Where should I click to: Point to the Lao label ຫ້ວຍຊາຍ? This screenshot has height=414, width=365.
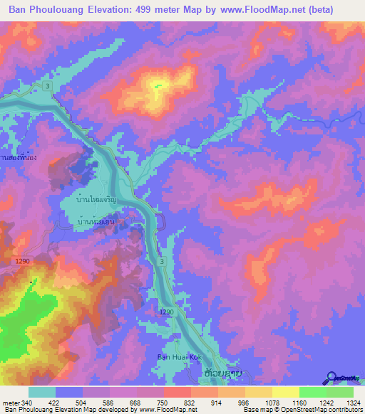[217, 372]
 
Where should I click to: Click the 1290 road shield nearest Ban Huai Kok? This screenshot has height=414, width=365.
[165, 312]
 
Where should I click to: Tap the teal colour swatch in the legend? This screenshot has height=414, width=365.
[42, 392]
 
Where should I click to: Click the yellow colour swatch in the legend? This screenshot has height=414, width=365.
[285, 392]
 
